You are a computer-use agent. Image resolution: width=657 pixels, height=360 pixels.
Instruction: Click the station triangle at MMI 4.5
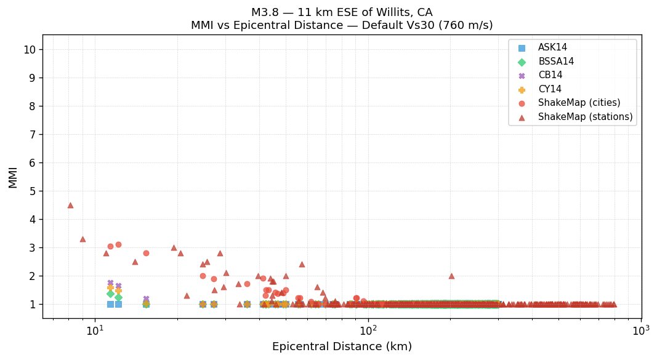point(70,205)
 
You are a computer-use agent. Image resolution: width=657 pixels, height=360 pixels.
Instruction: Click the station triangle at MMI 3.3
point(83,239)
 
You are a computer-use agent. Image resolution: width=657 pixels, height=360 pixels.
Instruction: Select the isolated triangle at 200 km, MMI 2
point(451,276)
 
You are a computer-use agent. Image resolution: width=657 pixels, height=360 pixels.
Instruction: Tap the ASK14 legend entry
point(552,48)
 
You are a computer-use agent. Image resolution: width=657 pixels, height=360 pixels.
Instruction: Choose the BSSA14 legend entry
point(555,62)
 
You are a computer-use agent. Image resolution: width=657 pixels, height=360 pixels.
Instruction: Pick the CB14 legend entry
point(550,75)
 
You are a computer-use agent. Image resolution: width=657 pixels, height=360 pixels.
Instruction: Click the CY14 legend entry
point(550,89)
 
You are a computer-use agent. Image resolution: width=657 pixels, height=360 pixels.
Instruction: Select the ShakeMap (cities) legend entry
point(579,103)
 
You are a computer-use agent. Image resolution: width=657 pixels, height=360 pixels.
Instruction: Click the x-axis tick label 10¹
point(95,330)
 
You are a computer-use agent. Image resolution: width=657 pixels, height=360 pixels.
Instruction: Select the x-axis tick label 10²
point(368,330)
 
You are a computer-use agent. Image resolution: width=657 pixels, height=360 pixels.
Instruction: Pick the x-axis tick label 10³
point(641,330)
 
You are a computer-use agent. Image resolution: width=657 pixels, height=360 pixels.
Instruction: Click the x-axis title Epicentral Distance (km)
point(342,346)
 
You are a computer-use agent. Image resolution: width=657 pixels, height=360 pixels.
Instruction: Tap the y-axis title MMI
point(13,177)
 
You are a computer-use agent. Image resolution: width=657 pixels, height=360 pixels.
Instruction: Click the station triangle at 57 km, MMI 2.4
point(302,264)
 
